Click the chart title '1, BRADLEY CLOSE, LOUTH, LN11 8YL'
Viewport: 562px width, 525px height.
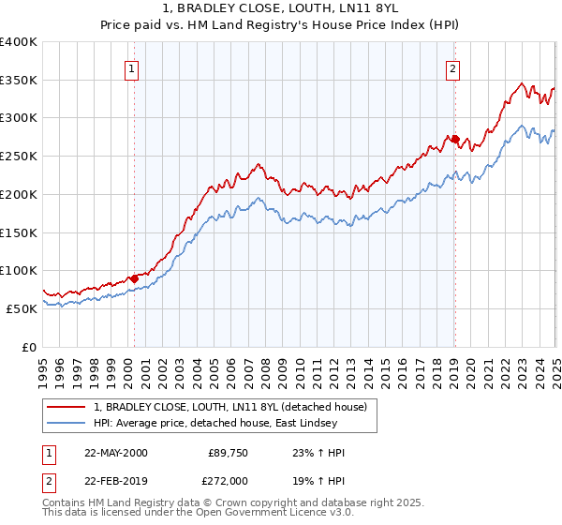click(x=280, y=8)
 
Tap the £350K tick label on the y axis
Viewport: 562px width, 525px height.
click(x=18, y=81)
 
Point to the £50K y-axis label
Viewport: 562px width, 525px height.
click(x=22, y=308)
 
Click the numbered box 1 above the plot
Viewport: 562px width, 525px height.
click(x=131, y=68)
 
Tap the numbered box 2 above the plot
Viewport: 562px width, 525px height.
click(x=452, y=68)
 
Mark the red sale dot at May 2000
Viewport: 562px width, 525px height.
click(x=134, y=278)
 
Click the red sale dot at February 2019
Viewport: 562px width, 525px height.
click(x=454, y=140)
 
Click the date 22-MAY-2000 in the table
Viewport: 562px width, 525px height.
click(x=115, y=453)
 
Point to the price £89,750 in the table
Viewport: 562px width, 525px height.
click(x=229, y=453)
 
